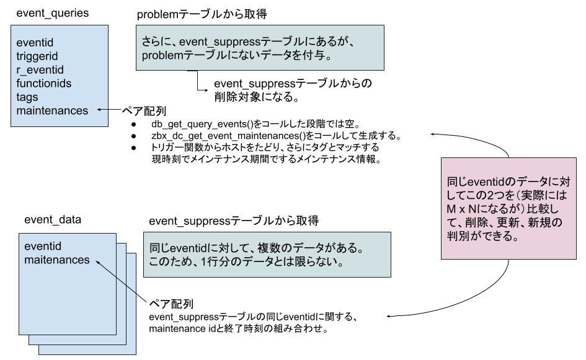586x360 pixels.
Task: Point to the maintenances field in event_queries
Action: point(52,111)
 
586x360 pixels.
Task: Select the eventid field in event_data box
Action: point(43,246)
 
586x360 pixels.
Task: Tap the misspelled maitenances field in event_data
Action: point(57,260)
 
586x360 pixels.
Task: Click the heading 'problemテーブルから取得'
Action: point(195,13)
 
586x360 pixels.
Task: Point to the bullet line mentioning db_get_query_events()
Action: point(257,124)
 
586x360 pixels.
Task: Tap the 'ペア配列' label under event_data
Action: point(171,304)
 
